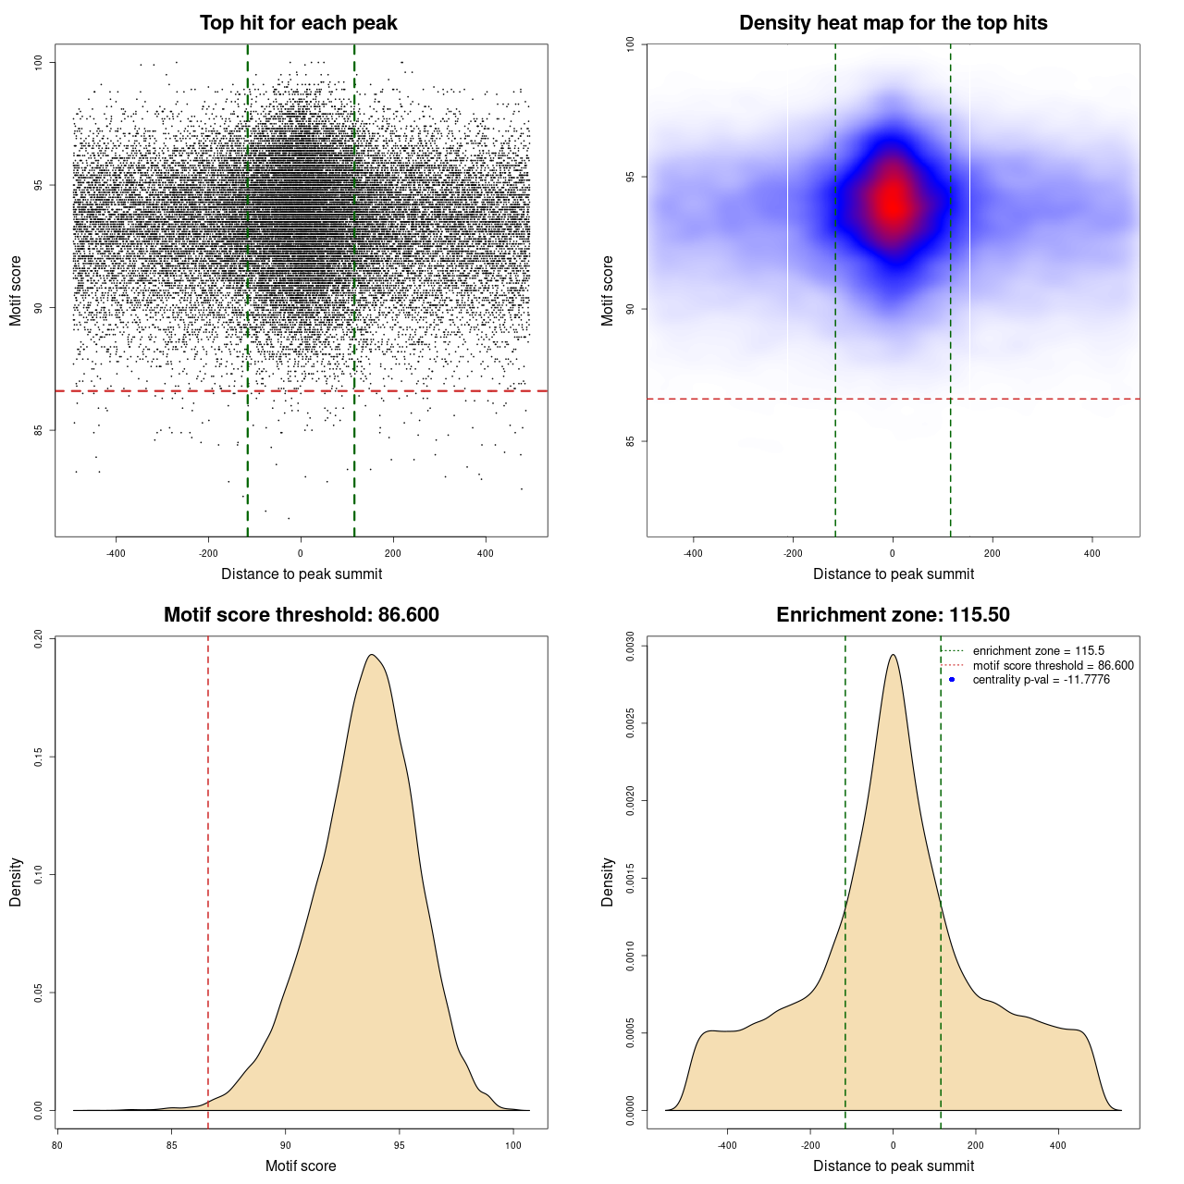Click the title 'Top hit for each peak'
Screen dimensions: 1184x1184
pos(298,23)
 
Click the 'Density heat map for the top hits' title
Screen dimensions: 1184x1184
pos(893,23)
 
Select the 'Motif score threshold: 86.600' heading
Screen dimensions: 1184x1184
pos(301,615)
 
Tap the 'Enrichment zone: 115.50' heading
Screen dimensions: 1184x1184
pos(893,615)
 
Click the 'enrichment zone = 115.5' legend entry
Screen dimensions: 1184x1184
pos(1038,651)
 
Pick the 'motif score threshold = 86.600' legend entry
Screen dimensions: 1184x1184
pos(1053,665)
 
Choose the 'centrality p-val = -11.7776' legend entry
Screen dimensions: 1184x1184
pos(1041,680)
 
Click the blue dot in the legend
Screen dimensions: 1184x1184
pos(952,680)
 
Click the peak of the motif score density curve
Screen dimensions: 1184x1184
pos(371,655)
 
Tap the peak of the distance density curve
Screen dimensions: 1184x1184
pos(893,655)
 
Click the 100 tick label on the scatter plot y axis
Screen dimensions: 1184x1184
pos(39,62)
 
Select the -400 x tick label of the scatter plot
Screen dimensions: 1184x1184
pos(116,553)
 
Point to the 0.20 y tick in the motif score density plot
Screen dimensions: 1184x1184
pos(39,639)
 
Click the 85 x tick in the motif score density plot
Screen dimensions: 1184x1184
pos(171,1145)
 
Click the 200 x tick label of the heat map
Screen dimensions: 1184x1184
pos(993,553)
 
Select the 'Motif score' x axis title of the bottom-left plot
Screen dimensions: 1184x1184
pos(301,1165)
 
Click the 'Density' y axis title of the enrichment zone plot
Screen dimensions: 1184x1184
pos(608,882)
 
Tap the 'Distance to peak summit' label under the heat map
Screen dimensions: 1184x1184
pos(893,573)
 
